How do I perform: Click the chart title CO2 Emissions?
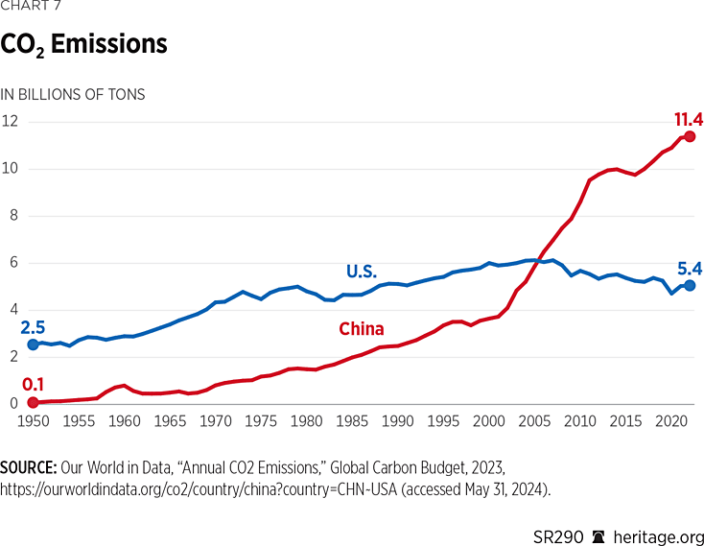83,45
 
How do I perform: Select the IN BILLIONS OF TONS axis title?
73,94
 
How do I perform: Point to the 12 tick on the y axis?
11,122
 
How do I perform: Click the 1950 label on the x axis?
34,421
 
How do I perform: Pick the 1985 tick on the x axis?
352,421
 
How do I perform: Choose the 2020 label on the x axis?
670,421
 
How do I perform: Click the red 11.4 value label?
688,119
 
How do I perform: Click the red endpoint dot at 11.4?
690,136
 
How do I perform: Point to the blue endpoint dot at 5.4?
690,285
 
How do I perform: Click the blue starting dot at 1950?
34,344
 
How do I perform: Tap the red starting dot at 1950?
34,402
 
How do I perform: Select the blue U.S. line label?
362,272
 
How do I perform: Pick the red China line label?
362,329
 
